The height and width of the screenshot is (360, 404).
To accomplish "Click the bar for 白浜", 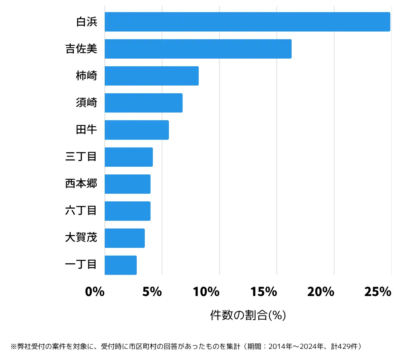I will tap(247, 22).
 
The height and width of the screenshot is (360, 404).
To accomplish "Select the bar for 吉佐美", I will tap(198, 49).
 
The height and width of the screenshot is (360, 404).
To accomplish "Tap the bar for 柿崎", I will tap(151, 76).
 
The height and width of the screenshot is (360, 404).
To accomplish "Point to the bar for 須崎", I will tap(143, 103).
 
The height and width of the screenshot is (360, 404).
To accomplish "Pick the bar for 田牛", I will tap(137, 130).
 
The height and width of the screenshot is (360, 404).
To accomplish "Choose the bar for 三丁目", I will tap(129, 157).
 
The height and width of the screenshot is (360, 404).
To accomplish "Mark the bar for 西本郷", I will tap(128, 184).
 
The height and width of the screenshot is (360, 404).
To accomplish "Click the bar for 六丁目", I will tap(128, 211).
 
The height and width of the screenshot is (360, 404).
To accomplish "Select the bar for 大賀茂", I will tap(125, 238).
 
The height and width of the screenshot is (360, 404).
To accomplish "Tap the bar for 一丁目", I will tap(121, 265).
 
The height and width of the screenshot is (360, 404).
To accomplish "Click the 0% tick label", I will tap(95, 292).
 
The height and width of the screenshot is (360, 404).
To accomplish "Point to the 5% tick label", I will tap(152, 292).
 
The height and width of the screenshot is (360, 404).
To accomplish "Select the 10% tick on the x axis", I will tap(206, 292).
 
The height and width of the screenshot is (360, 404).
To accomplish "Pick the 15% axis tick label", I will tap(264, 292).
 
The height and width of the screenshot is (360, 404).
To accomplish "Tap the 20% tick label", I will tap(321, 292).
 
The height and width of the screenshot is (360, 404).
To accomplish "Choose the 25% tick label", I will tap(378, 292).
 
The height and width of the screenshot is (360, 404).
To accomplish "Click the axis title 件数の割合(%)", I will tap(248, 315).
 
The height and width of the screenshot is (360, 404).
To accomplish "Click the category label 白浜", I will tap(87, 22).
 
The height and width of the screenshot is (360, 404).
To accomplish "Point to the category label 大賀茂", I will tap(81, 237).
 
